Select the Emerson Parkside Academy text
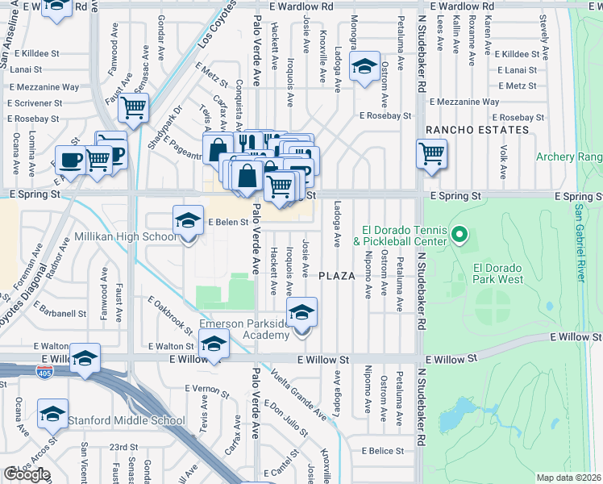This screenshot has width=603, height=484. click(x=243, y=330)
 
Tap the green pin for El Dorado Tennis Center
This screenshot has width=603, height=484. click(x=460, y=236)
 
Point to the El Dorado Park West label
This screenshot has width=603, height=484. click(x=498, y=273)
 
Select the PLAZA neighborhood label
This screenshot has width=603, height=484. click(x=336, y=276)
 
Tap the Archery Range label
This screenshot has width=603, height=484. click(x=569, y=156)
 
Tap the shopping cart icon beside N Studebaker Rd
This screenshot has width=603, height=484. click(x=432, y=152)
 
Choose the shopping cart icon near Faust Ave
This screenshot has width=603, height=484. click(x=135, y=106)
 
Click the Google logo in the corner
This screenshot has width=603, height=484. click(x=27, y=474)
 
